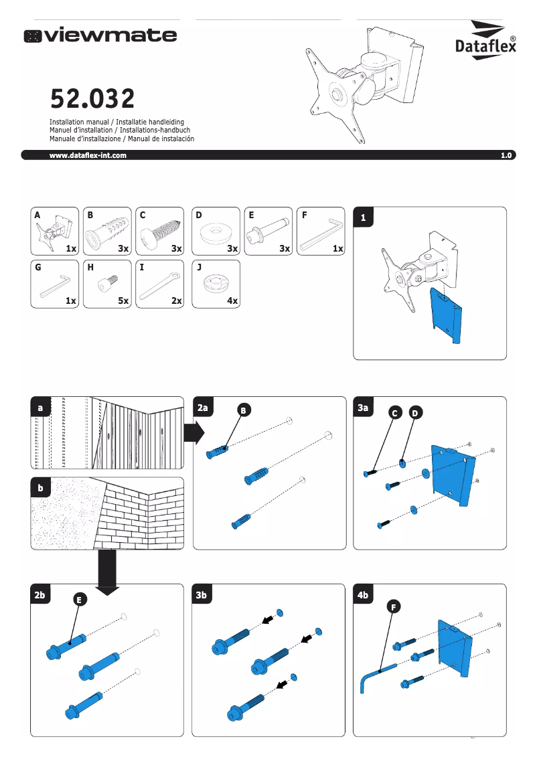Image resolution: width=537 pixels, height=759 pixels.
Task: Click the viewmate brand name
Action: click(101, 35)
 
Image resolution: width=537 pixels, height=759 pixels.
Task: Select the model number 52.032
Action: click(92, 100)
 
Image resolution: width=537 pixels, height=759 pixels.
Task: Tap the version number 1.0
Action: click(506, 155)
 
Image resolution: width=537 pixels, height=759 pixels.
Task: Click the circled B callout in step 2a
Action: click(244, 410)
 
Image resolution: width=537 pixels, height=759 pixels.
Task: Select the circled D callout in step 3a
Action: click(415, 414)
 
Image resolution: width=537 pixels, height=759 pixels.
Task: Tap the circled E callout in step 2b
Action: click(79, 600)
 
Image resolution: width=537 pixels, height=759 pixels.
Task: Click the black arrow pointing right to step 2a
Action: click(194, 433)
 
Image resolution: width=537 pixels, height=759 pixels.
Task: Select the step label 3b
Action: click(205, 594)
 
